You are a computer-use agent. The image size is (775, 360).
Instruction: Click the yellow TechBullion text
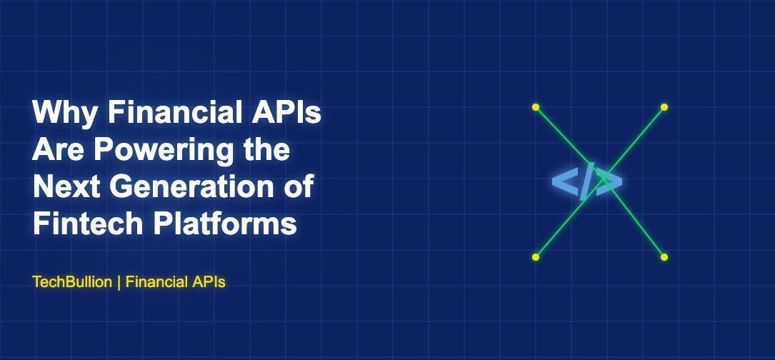[x=72, y=282]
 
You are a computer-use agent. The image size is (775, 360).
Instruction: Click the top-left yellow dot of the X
[x=536, y=107]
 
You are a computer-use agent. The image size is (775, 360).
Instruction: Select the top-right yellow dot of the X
[x=664, y=107]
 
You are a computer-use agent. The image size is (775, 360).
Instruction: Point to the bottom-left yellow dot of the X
[x=536, y=256]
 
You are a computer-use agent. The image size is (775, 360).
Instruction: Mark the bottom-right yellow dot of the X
[x=664, y=256]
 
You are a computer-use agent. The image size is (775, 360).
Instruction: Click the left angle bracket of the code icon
[x=564, y=183]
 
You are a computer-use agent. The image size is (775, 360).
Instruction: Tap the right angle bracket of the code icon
[x=609, y=183]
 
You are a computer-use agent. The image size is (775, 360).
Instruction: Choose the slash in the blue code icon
[x=587, y=183]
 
